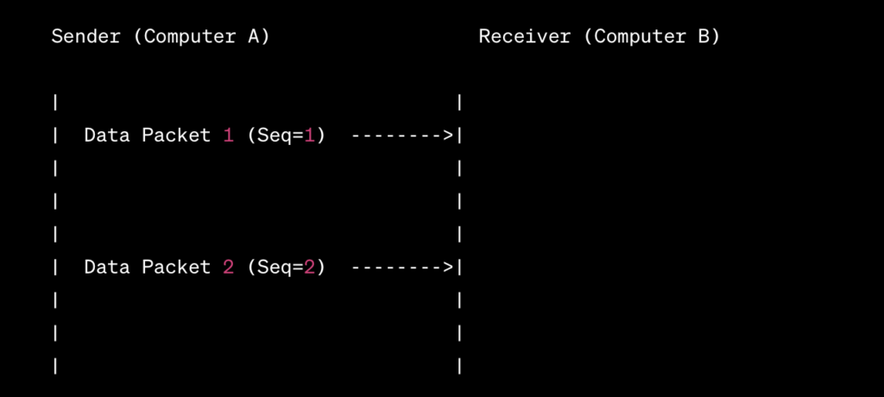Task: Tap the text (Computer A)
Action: (206, 37)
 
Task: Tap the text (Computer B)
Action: (657, 37)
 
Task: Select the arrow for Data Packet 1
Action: (402, 135)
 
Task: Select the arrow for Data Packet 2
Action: (402, 268)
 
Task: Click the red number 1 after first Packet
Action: (228, 135)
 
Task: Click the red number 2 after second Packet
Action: (228, 268)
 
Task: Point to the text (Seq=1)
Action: (286, 135)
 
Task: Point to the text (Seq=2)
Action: (286, 268)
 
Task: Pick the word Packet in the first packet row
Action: (176, 135)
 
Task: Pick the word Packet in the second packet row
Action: (176, 268)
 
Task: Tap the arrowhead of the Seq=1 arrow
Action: (448, 135)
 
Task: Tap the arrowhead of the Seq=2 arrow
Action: (448, 268)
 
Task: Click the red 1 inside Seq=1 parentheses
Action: (309, 135)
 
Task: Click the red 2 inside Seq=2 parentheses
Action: (309, 268)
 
